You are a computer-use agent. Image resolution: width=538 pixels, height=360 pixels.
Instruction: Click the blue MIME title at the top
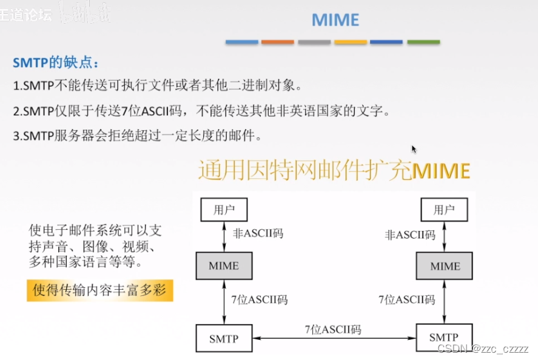[335, 19]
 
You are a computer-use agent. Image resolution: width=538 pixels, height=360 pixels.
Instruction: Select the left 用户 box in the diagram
[224, 210]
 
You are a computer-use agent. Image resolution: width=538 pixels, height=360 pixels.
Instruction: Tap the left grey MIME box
[224, 265]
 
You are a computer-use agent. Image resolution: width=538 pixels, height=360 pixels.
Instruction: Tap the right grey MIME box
[445, 265]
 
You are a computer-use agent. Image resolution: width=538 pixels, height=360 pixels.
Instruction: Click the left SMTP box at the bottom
[224, 338]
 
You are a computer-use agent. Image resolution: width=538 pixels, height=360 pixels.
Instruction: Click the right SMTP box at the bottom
[444, 338]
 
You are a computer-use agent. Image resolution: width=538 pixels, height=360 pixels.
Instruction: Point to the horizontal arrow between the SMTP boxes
[334, 338]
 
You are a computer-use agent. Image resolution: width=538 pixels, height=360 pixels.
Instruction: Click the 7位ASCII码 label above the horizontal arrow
[333, 330]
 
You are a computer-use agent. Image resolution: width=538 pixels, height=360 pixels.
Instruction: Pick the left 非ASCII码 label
[258, 233]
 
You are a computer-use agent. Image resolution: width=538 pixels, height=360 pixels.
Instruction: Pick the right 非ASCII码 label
[410, 234]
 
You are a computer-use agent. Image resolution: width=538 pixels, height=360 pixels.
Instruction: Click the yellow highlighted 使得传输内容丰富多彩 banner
[100, 290]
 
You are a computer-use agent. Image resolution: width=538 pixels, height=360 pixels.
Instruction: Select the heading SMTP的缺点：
[55, 62]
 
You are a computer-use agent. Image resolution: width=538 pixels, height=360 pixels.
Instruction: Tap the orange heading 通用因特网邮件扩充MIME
[334, 171]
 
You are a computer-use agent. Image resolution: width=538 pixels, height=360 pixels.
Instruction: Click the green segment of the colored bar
[423, 42]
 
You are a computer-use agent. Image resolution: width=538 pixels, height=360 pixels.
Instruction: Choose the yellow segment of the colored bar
[351, 42]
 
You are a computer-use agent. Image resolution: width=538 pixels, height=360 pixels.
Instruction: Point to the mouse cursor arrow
[414, 148]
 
